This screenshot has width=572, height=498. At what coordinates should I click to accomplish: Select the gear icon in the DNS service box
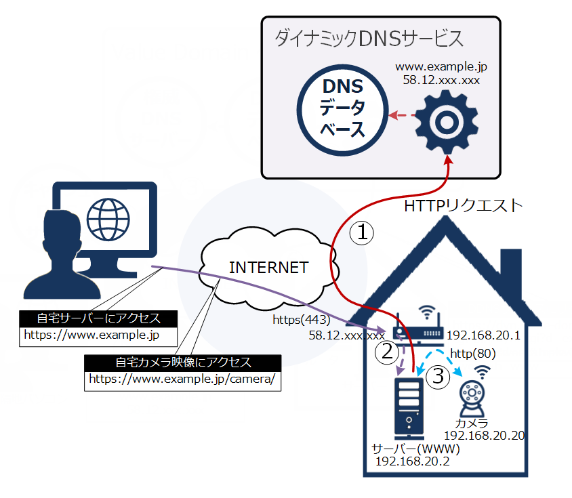point(446,121)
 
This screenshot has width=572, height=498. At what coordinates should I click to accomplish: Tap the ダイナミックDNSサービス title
point(369,39)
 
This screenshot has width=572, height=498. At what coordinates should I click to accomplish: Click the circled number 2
point(387,351)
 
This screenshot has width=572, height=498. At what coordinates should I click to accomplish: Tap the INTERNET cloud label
point(268,267)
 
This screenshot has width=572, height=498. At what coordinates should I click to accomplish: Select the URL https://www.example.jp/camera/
point(182,379)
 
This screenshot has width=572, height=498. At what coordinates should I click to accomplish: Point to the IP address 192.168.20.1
point(483,334)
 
